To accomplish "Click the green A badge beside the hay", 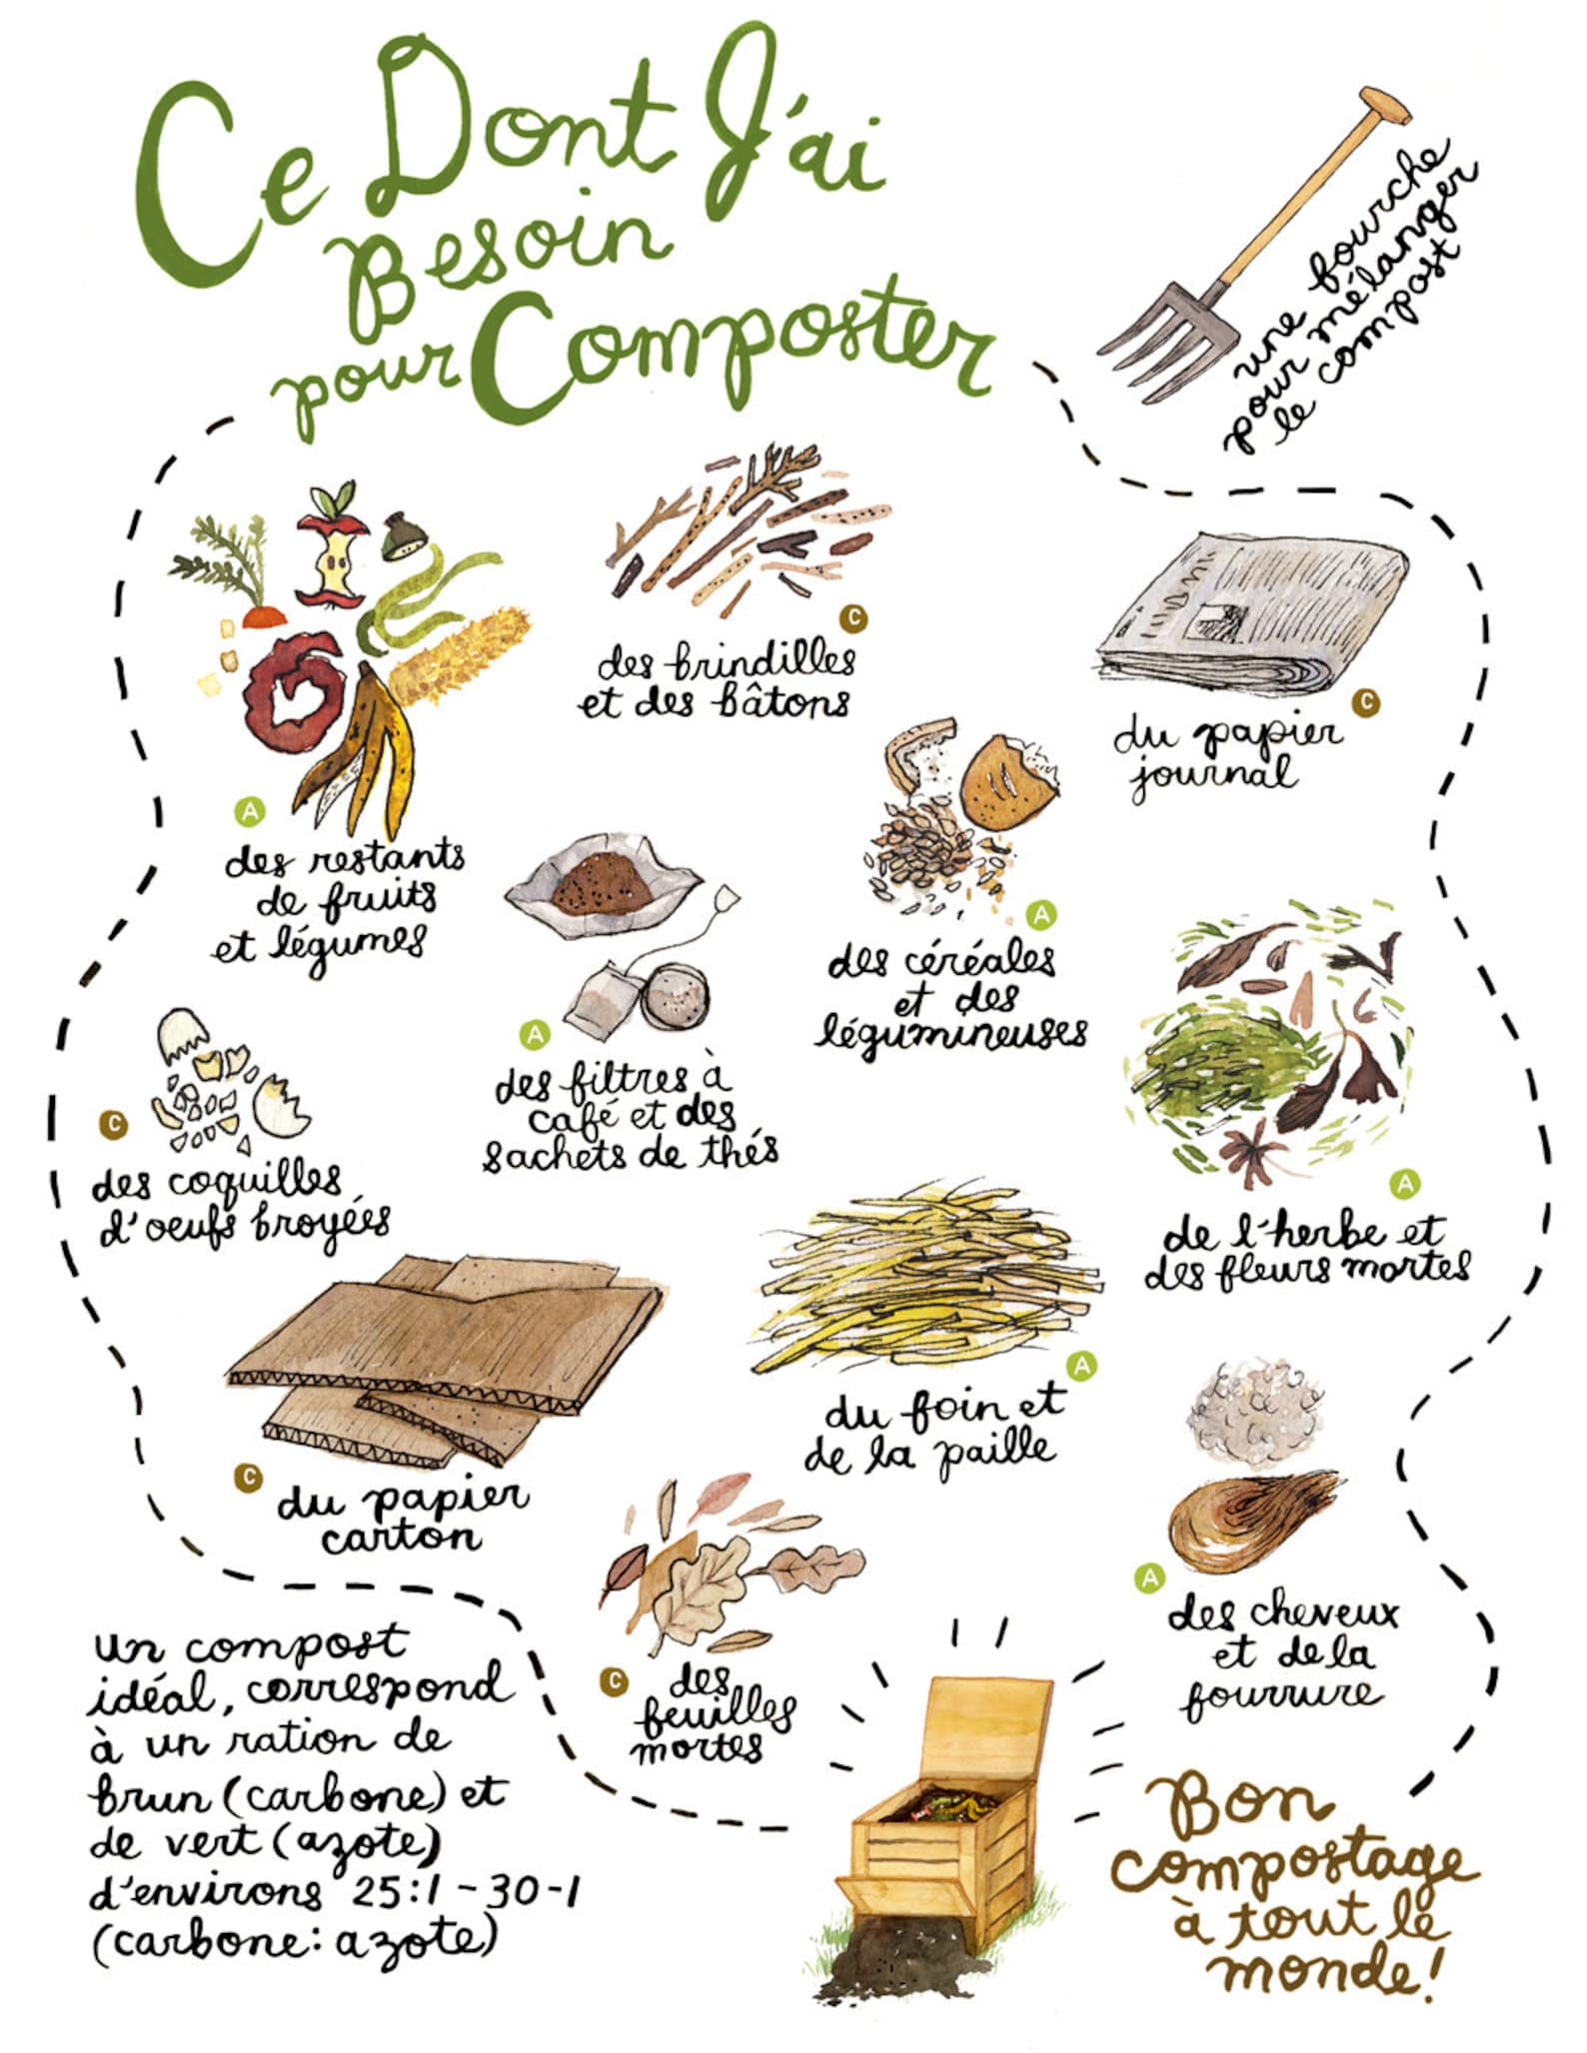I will point(1081,1365).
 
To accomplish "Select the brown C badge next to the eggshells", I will point(114,1125).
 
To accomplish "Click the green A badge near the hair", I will point(1150,1578).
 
